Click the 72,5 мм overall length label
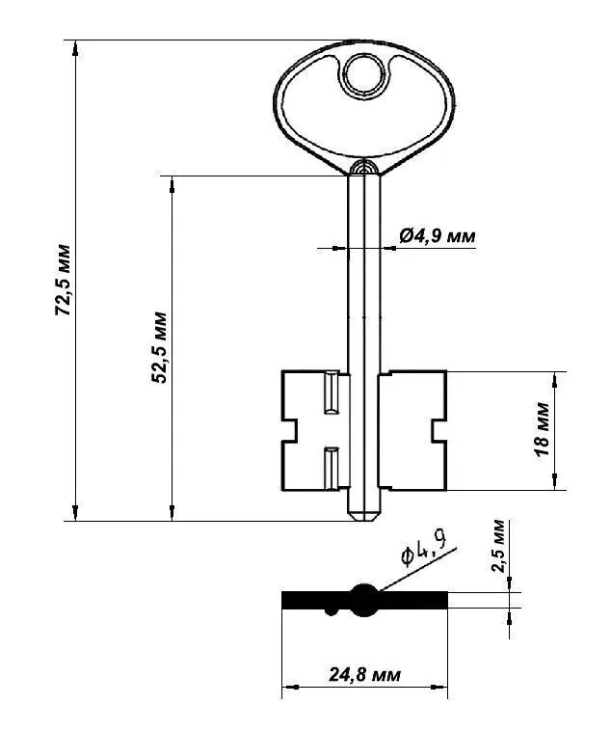click(x=63, y=280)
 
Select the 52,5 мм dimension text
click(x=159, y=347)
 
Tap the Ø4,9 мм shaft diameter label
click(x=438, y=236)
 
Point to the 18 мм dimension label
click(x=543, y=429)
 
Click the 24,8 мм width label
click(x=364, y=674)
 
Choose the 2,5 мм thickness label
click(x=497, y=546)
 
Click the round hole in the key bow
click(x=364, y=75)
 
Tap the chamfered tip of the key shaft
click(x=364, y=516)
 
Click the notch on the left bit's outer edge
click(x=289, y=431)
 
